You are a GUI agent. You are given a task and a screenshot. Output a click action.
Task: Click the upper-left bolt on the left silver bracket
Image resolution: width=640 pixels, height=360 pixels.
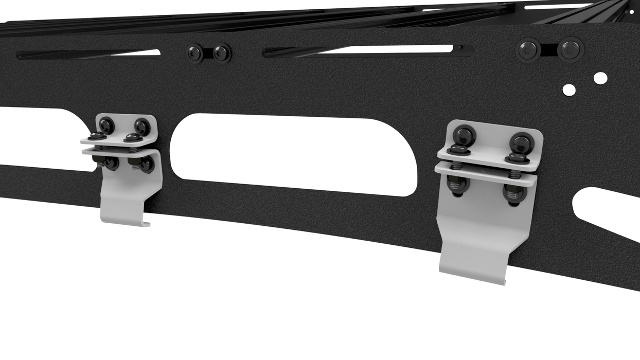[106, 124]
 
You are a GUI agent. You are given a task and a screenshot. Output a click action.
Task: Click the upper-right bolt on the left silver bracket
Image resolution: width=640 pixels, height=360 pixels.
[141, 126]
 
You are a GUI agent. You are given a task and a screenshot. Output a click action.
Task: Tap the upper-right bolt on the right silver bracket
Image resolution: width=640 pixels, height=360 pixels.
[521, 141]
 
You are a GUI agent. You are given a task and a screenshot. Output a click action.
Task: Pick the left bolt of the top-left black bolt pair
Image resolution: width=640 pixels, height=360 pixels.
[194, 52]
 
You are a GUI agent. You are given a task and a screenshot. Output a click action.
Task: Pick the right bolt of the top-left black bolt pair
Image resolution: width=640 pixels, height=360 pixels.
[222, 52]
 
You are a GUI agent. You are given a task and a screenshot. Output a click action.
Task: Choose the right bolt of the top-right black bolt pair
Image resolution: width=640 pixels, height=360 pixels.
[570, 49]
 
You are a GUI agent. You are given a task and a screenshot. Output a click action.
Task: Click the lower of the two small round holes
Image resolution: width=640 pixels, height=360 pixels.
[569, 89]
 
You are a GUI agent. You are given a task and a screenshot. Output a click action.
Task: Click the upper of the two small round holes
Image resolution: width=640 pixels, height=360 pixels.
[600, 78]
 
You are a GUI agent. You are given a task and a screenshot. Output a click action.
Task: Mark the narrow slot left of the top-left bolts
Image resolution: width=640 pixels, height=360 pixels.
[87, 54]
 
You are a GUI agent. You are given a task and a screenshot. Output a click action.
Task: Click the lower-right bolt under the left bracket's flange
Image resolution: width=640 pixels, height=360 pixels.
[146, 164]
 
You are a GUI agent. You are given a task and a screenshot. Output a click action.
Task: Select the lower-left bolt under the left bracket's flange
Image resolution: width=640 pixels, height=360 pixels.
[110, 163]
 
